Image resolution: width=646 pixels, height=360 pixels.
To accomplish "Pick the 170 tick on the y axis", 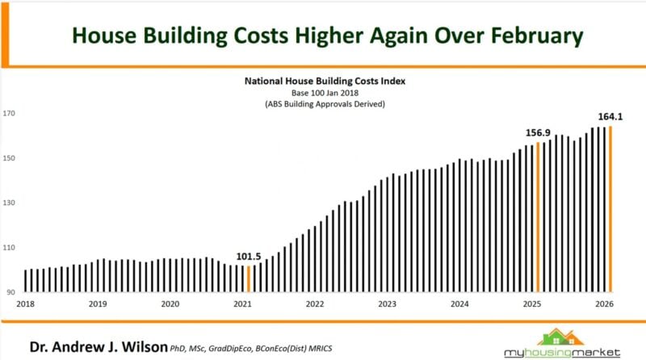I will (10, 114).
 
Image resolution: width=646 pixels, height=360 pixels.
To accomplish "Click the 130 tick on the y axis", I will (10, 203).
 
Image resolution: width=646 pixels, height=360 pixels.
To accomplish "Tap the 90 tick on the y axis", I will (11, 291).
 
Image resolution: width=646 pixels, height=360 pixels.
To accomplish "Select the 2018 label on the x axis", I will (25, 304).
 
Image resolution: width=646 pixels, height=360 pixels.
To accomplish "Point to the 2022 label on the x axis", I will (314, 304).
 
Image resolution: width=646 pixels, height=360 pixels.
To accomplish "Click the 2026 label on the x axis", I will (604, 304).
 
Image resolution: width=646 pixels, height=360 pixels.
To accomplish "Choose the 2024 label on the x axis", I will (459, 304).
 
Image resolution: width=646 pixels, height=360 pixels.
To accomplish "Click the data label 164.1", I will (610, 116).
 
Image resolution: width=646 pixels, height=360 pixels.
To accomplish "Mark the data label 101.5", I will (249, 257).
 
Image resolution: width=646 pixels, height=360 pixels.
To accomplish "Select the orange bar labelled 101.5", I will (249, 278).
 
